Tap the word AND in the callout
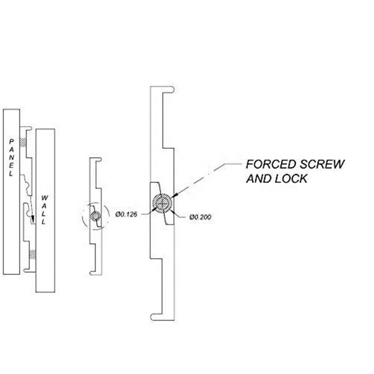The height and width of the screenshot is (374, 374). (259, 178)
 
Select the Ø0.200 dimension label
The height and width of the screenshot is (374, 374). (200, 217)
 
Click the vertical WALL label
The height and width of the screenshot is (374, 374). (43, 209)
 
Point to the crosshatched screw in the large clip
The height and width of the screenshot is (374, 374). (163, 203)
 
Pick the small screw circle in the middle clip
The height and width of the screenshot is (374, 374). (96, 215)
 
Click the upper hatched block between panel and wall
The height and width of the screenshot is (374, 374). (22, 142)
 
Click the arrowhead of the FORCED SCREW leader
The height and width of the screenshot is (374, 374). (176, 196)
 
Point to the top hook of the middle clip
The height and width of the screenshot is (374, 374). (97, 160)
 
